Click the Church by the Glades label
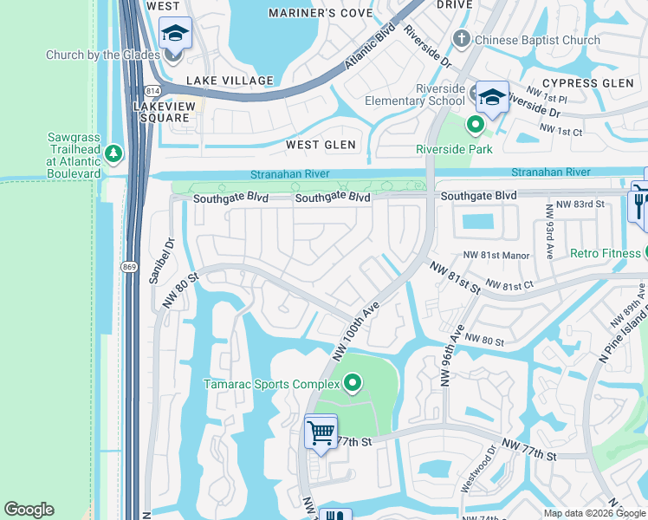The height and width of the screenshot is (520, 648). tap(103, 55)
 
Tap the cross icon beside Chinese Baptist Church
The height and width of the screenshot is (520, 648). tap(462, 39)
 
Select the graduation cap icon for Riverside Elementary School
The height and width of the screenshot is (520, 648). tap(492, 96)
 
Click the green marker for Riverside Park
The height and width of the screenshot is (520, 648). tap(475, 125)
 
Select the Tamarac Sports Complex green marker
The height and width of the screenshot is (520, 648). tap(353, 382)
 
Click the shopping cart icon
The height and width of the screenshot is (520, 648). tap(321, 431)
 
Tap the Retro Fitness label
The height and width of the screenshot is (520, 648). tap(605, 253)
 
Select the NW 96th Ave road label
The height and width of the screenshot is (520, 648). tap(450, 355)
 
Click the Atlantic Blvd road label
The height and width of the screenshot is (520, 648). tap(370, 44)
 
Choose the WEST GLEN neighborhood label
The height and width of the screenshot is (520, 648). tap(321, 145)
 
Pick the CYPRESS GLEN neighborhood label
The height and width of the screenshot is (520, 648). tap(593, 82)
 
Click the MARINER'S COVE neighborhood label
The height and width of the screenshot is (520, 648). tap(320, 13)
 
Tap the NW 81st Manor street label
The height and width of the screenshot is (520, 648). tap(496, 255)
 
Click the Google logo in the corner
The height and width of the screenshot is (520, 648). tap(29, 510)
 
